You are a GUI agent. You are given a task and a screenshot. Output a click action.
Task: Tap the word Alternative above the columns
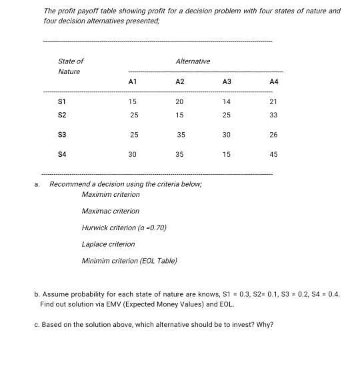tap(193, 61)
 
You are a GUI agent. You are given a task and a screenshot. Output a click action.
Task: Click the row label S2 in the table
tap(63, 115)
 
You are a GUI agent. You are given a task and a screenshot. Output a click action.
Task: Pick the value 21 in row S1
tap(273, 101)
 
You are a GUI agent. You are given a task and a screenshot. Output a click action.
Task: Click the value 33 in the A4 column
tap(273, 115)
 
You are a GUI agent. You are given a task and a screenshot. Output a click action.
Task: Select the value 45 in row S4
tap(273, 153)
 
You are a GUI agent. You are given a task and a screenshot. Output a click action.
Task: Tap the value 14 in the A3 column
tap(227, 101)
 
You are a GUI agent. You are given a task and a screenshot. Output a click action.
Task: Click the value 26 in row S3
tap(273, 134)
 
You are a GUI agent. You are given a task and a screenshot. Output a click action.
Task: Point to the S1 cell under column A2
tap(179, 101)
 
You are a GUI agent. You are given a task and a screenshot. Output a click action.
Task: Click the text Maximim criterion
tap(111, 194)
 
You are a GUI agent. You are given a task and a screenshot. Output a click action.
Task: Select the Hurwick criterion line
tap(123, 228)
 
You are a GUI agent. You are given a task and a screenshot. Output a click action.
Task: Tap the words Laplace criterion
tap(108, 244)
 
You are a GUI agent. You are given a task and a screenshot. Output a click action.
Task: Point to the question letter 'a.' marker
tap(39, 183)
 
